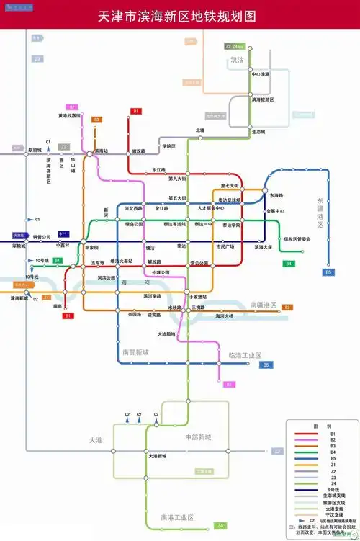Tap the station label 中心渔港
[260, 75]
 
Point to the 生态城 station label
[258, 133]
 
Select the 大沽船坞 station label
[166, 334]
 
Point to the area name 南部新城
[135, 352]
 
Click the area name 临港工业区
[245, 355]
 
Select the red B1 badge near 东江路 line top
[135, 112]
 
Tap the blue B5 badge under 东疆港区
[328, 272]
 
